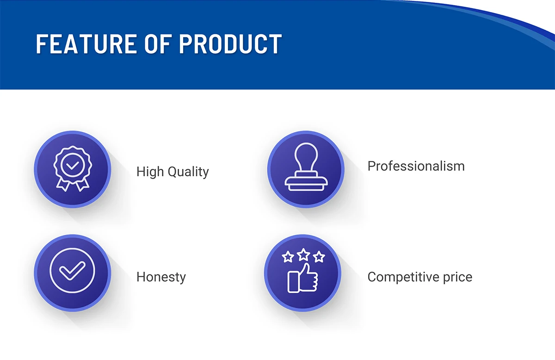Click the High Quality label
coord(173,172)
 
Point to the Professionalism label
coord(416,166)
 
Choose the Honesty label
coord(161,277)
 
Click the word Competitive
coord(401,277)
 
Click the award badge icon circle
coord(73,169)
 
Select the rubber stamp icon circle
coord(306,169)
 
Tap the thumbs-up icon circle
coord(302,273)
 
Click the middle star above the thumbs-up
coord(303,254)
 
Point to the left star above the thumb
coord(288,257)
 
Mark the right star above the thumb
coord(319,257)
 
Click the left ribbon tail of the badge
coord(62,184)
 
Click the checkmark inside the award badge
coord(72,164)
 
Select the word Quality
coord(188,172)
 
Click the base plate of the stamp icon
coord(306,185)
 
